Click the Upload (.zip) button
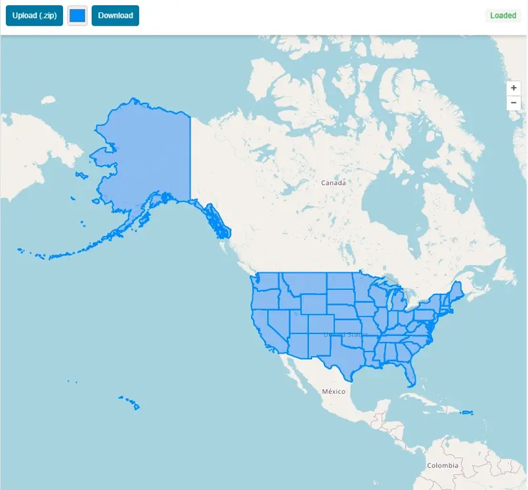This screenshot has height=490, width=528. (x=34, y=16)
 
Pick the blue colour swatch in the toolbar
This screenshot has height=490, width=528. (x=77, y=16)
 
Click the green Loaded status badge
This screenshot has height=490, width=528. (x=503, y=16)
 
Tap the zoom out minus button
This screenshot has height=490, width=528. (x=514, y=103)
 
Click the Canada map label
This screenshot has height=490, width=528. (x=333, y=183)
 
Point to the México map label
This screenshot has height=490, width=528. (x=334, y=391)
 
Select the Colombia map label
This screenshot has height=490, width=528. (x=443, y=465)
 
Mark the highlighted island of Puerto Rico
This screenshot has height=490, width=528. (x=467, y=413)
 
